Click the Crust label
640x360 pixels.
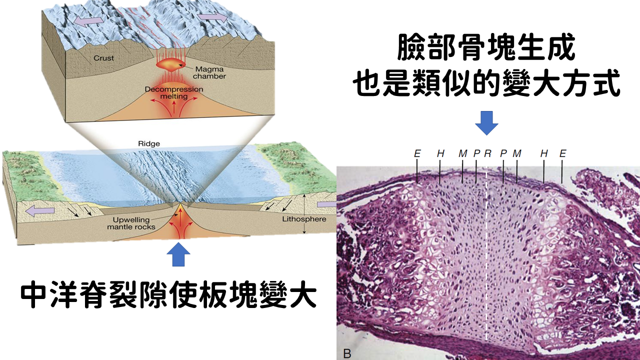click(103, 58)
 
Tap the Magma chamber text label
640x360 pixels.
click(209, 73)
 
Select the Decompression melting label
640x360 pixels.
click(173, 93)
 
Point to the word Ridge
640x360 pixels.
click(149, 143)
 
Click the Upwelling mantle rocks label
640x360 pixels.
click(131, 223)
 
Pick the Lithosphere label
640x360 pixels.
click(304, 219)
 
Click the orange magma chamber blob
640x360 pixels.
click(170, 63)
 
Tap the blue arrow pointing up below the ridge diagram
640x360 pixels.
click(178, 254)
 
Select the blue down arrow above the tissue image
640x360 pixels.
click(486, 123)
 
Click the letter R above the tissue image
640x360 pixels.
click(487, 153)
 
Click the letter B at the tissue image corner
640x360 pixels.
click(347, 353)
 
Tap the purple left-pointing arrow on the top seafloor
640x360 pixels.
click(88, 21)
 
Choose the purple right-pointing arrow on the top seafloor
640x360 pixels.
click(212, 17)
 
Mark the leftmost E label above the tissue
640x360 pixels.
click(417, 153)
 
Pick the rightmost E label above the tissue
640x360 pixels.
click(562, 153)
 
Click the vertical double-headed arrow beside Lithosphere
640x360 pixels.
click(304, 213)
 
